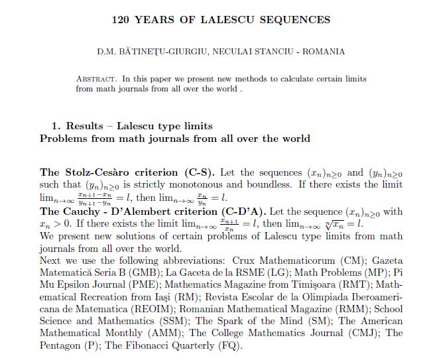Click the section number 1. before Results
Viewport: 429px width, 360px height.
(x=56, y=126)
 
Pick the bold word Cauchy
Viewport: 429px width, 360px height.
(x=83, y=212)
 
